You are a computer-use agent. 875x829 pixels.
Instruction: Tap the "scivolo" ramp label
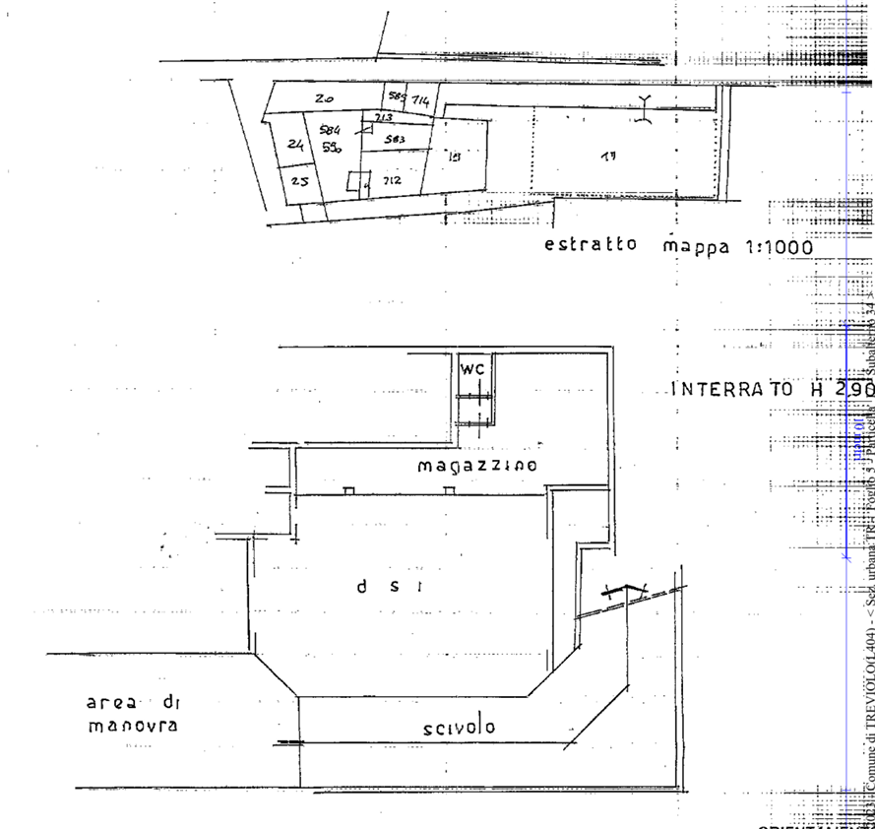(486, 728)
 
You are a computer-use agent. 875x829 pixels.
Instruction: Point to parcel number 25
(301, 181)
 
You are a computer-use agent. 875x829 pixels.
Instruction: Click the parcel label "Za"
(325, 98)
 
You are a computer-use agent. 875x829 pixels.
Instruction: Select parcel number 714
(420, 99)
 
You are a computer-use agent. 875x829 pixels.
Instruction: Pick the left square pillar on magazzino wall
(348, 489)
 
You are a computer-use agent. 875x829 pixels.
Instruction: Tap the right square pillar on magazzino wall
(449, 489)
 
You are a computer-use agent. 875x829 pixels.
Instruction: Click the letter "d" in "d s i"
(362, 587)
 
